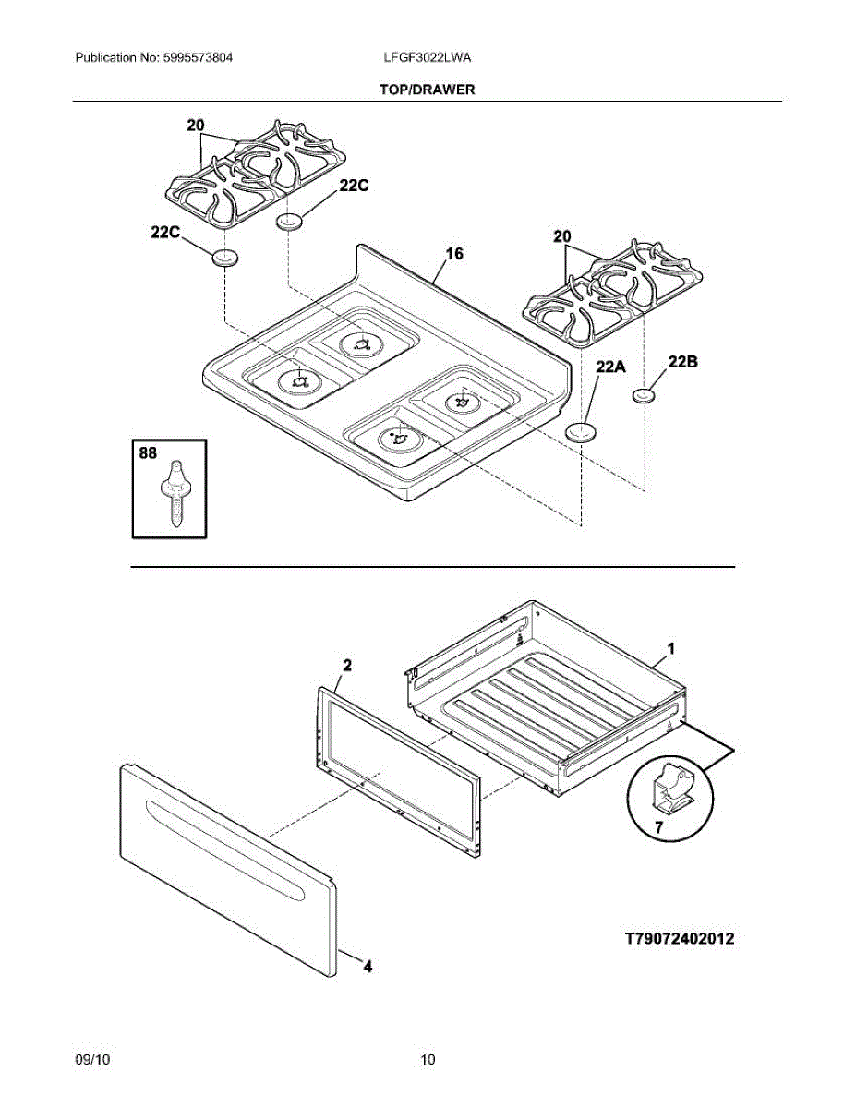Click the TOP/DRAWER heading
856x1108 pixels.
click(x=427, y=90)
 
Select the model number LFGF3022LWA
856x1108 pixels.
click(x=428, y=58)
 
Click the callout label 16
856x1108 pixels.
click(x=454, y=254)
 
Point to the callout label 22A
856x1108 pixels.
click(x=610, y=367)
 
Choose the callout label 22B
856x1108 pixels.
click(x=682, y=362)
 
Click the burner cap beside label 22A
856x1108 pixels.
click(x=581, y=431)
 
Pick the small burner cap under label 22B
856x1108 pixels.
click(x=645, y=396)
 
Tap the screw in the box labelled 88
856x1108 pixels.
click(x=175, y=493)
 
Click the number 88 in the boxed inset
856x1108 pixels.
click(x=148, y=454)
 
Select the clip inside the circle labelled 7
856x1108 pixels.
click(x=672, y=789)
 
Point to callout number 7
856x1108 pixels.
click(x=659, y=828)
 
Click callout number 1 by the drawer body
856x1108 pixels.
click(x=671, y=649)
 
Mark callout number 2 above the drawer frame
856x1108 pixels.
click(x=346, y=665)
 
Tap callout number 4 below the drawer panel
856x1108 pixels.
click(x=368, y=967)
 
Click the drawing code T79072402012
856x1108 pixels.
click(x=680, y=939)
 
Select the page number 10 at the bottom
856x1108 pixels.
click(x=428, y=1060)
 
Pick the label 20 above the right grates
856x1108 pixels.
click(x=562, y=237)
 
